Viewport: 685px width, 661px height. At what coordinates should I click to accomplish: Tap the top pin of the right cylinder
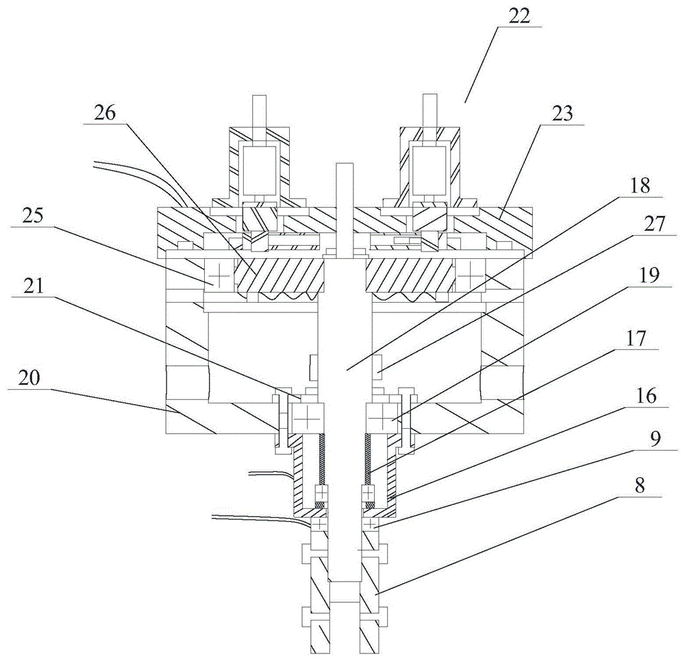pyautogui.click(x=429, y=108)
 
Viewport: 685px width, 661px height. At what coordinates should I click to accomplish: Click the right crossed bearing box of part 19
pyautogui.click(x=382, y=414)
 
